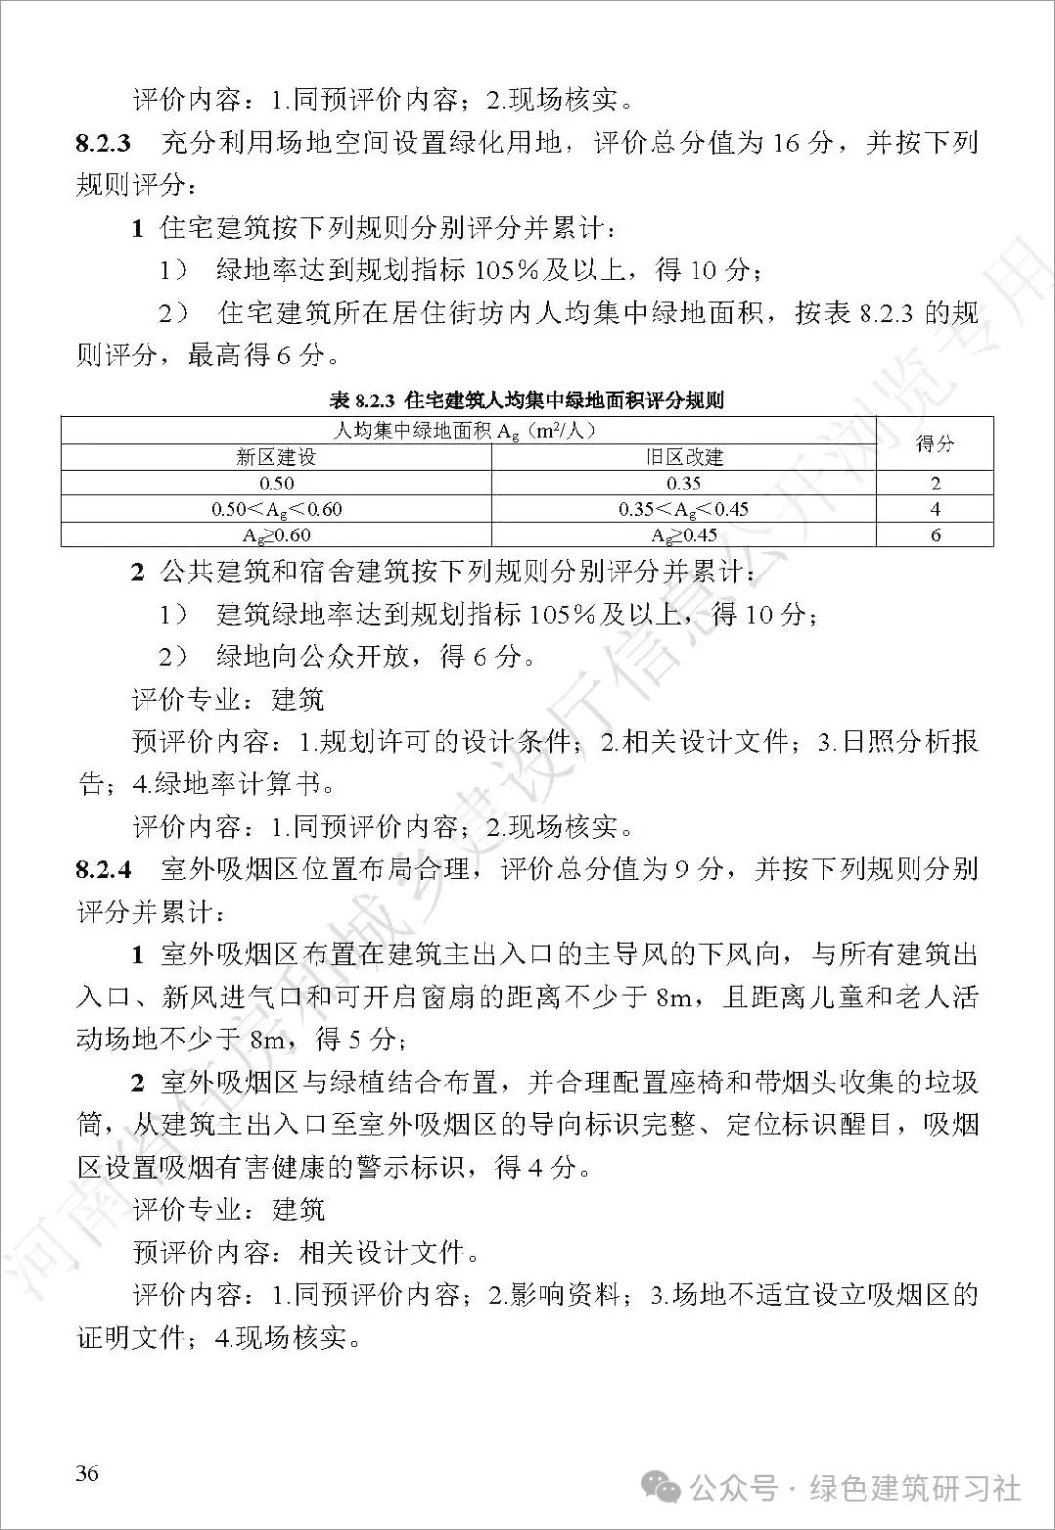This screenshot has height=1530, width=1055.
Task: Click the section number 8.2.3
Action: pos(103,144)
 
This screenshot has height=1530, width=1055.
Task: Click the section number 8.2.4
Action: pos(103,869)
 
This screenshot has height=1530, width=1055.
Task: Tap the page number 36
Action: pos(87,1472)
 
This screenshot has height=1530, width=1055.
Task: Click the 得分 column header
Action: pos(935,444)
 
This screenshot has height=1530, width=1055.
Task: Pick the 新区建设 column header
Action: pos(275,457)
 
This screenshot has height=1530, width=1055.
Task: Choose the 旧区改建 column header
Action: pos(684,457)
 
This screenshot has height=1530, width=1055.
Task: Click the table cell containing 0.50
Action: pos(276,483)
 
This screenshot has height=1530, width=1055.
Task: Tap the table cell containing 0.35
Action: pos(684,483)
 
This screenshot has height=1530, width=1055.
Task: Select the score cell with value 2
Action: pos(935,483)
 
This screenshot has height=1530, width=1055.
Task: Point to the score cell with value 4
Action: pos(935,509)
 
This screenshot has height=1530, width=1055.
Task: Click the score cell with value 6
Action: pos(935,534)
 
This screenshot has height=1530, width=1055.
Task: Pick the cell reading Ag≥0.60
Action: pos(276,534)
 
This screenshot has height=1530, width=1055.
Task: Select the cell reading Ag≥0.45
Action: pos(684,534)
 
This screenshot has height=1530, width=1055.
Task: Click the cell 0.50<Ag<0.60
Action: pos(276,509)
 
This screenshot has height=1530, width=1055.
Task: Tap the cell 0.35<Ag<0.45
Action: pos(684,509)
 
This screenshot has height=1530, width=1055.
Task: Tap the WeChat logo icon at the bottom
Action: pos(667,1489)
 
